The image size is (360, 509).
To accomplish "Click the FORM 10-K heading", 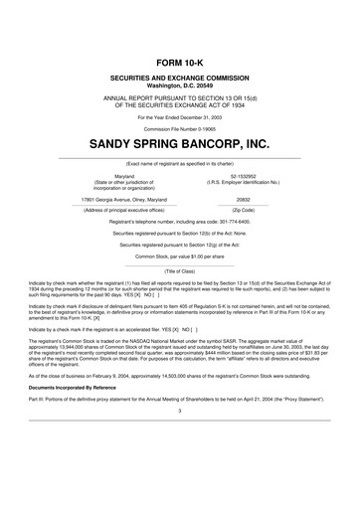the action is (179, 62).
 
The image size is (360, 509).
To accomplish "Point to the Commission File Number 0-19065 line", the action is (179, 129).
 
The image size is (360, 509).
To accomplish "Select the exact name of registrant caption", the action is (179, 162).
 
